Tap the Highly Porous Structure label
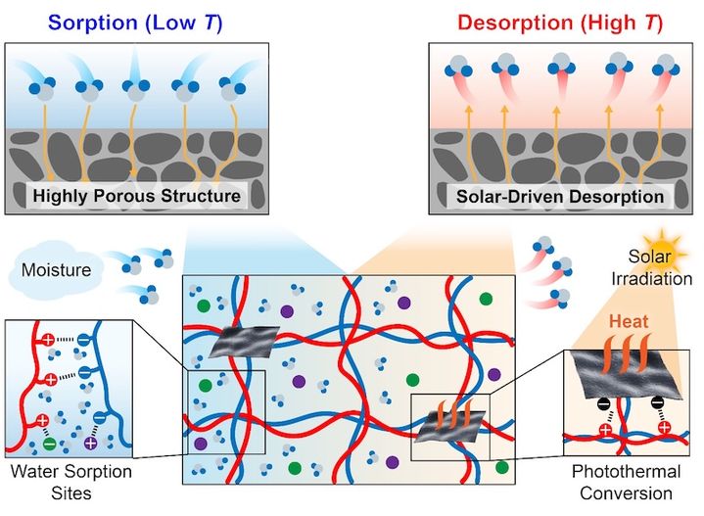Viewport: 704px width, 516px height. (137, 197)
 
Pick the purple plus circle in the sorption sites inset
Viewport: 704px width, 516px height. (91, 443)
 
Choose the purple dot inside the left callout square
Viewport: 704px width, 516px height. (201, 444)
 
